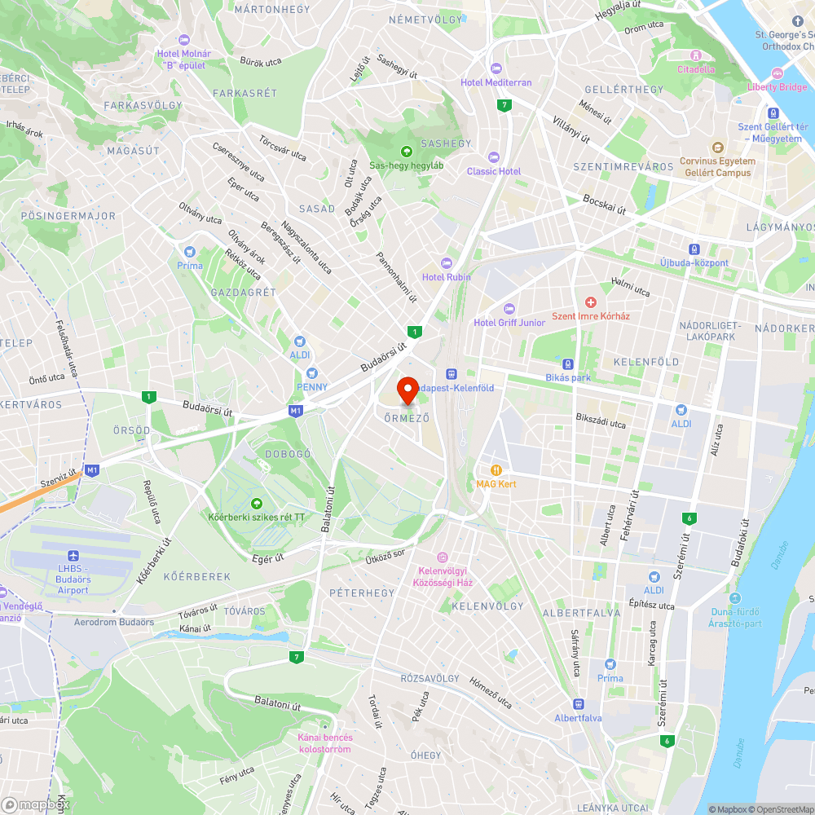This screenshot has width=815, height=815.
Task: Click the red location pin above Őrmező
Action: click(x=407, y=390)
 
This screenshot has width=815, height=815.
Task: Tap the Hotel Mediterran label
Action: click(x=496, y=82)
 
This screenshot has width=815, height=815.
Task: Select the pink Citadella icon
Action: click(x=695, y=55)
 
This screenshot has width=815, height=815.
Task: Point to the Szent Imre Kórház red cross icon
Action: click(x=591, y=302)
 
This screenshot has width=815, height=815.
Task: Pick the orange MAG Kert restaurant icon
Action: click(x=496, y=469)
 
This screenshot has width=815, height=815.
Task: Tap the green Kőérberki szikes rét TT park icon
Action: click(x=257, y=504)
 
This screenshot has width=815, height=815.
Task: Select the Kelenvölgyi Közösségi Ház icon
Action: click(x=443, y=557)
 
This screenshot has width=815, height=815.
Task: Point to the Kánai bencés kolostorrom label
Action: click(x=324, y=743)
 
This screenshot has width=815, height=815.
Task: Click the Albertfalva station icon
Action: click(x=578, y=704)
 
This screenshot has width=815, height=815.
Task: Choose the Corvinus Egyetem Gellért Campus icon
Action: click(x=717, y=148)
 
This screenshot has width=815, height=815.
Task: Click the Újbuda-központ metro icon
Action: click(x=694, y=249)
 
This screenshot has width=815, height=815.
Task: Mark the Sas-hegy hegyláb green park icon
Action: click(x=406, y=151)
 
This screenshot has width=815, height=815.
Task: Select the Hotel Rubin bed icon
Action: click(x=446, y=262)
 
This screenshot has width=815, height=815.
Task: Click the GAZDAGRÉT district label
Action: click(x=243, y=292)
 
